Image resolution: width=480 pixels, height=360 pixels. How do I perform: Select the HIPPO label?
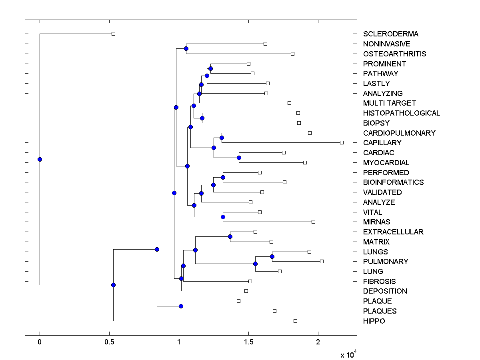click(374, 321)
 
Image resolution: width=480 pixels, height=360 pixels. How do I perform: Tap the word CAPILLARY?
click(382, 143)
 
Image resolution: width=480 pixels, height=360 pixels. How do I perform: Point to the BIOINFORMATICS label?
click(393, 182)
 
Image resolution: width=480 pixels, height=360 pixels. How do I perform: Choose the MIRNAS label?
click(376, 222)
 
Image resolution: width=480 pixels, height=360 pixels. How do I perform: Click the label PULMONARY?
click(386, 262)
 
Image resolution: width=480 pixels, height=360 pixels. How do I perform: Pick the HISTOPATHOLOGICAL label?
click(402, 113)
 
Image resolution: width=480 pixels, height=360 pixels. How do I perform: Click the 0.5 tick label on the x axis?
click(109, 342)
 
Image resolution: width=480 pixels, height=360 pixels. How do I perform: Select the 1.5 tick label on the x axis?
click(248, 342)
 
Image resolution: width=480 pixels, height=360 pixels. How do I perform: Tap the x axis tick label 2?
click(318, 342)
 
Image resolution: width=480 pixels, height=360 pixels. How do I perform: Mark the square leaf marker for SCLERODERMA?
click(113, 34)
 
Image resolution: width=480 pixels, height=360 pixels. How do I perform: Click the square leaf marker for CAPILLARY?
click(342, 142)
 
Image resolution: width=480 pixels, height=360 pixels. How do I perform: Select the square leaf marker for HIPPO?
click(295, 321)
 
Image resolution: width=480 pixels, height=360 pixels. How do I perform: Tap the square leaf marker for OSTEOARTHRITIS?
click(292, 54)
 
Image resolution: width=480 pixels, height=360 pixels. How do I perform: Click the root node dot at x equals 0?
click(40, 159)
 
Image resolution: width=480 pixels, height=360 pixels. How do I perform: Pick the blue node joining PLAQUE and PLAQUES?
click(181, 306)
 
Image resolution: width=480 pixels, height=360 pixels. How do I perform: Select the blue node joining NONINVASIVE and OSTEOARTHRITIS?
click(186, 48)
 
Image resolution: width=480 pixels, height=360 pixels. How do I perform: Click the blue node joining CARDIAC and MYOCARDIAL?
click(239, 158)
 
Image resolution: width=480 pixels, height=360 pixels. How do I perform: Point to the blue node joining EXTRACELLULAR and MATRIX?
click(230, 236)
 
